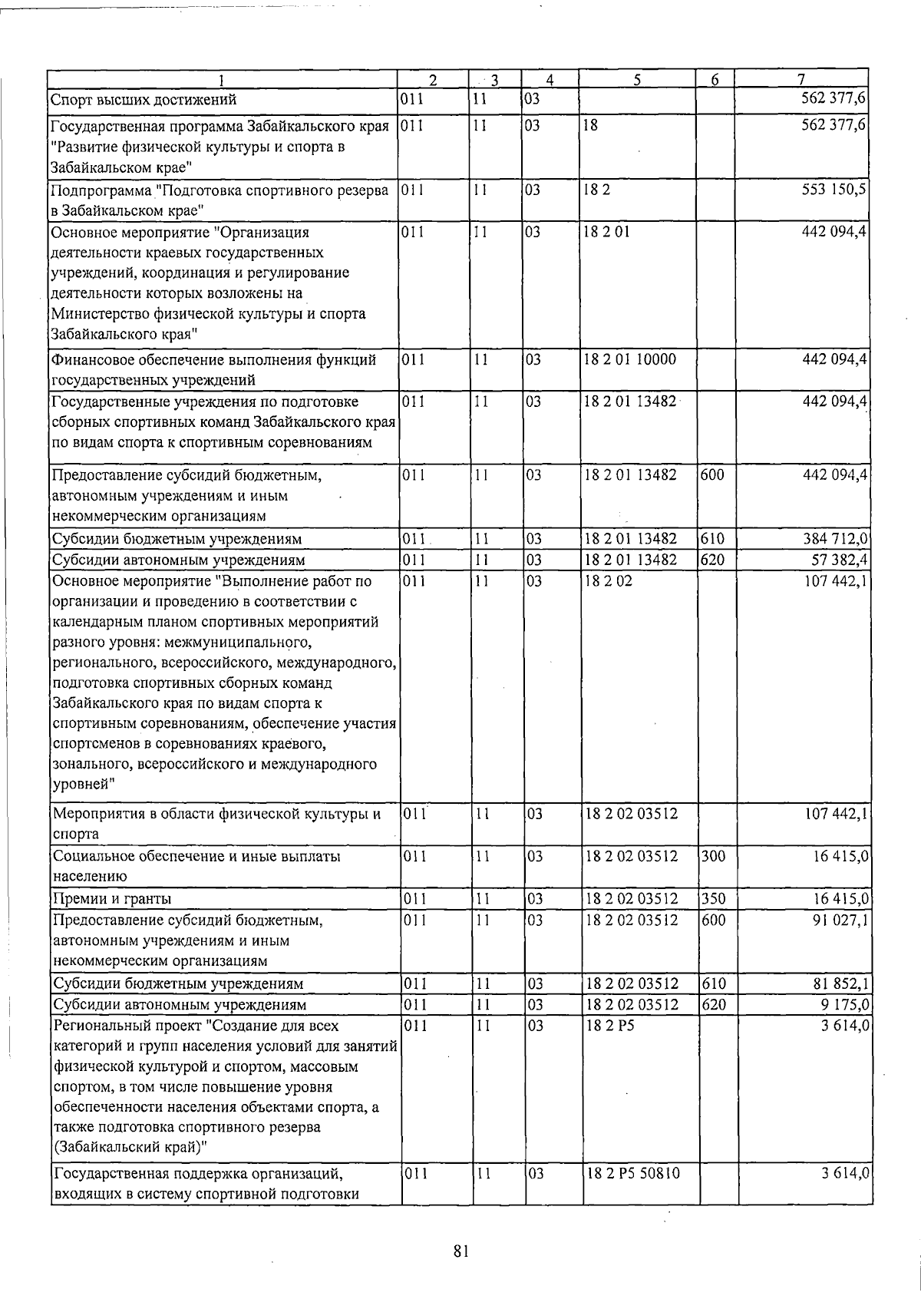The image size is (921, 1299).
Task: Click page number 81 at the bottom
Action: point(460,1251)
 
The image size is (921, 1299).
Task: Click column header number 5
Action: point(638,80)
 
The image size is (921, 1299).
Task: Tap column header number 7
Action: point(801,80)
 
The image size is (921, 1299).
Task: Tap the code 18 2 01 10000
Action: point(630,359)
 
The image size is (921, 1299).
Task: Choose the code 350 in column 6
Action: point(713,898)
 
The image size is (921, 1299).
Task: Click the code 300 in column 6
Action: point(713,856)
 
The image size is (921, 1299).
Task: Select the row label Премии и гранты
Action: point(112,898)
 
